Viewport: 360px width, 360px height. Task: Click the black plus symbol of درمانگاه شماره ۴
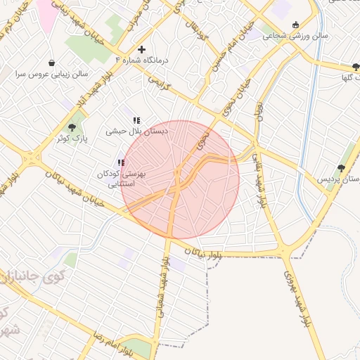142,49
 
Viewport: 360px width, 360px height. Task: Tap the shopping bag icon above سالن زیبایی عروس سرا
51,63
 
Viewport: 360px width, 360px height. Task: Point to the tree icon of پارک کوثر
72,127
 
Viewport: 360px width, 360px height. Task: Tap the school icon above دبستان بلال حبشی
136,120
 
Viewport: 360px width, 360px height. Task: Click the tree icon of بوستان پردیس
341,168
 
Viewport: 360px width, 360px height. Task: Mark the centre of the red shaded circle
180,179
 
